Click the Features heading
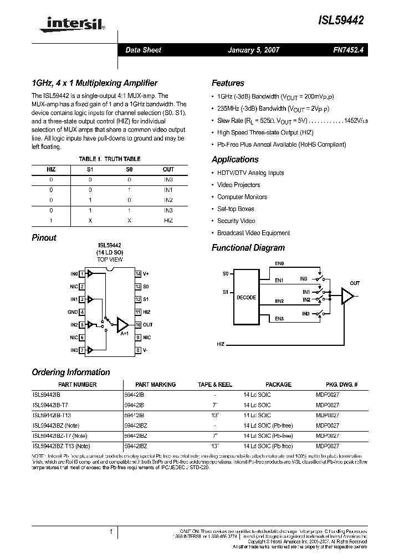[x=228, y=83]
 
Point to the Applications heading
[x=235, y=159]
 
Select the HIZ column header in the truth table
[x=51, y=169]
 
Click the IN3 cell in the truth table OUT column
[x=168, y=210]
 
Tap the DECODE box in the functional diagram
[x=246, y=297]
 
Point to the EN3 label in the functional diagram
[x=279, y=319]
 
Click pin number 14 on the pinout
[x=138, y=273]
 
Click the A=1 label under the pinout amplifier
[x=125, y=334]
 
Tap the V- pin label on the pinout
[x=146, y=350]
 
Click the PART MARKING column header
[x=155, y=384]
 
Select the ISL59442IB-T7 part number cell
[x=50, y=405]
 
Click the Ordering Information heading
[x=71, y=372]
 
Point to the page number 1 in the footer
[x=111, y=532]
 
